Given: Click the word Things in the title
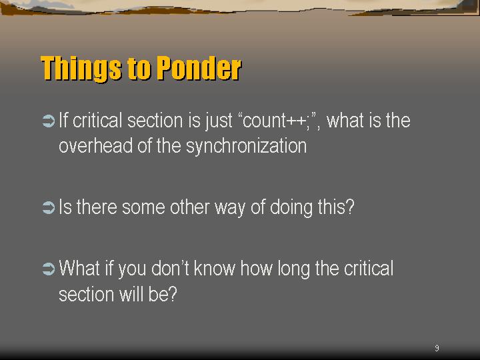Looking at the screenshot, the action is pos(81,69).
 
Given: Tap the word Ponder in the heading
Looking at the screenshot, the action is pos(199,68).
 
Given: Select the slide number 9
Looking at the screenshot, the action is pos(437,348).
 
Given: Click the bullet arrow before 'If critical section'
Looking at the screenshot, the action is pos(49,121).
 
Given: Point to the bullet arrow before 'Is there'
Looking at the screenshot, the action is pos(49,207).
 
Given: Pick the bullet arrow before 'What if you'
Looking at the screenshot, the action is pos(49,269).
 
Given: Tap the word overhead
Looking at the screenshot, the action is pos(95,146).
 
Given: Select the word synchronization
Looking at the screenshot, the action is pos(247,147).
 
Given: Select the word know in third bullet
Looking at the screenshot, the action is pos(215,268).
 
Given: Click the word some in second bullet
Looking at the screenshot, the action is pos(143,208).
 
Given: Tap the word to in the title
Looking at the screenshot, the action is pos(139,69).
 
